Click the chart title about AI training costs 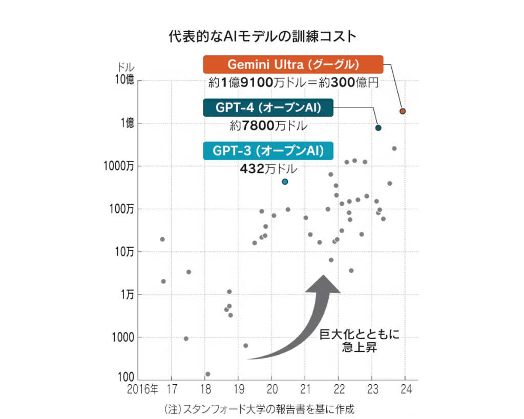tap(262, 37)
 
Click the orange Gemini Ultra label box tap(293, 64)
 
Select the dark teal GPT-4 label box tap(268, 108)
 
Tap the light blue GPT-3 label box tap(268, 151)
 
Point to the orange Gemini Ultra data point tap(403, 111)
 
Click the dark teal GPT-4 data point tap(378, 128)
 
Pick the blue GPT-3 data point tap(285, 182)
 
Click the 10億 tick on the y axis tap(124, 80)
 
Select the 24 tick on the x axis tap(405, 388)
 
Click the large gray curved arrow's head tap(323, 284)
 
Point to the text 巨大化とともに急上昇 tap(359, 342)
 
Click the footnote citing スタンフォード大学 tap(259, 409)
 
